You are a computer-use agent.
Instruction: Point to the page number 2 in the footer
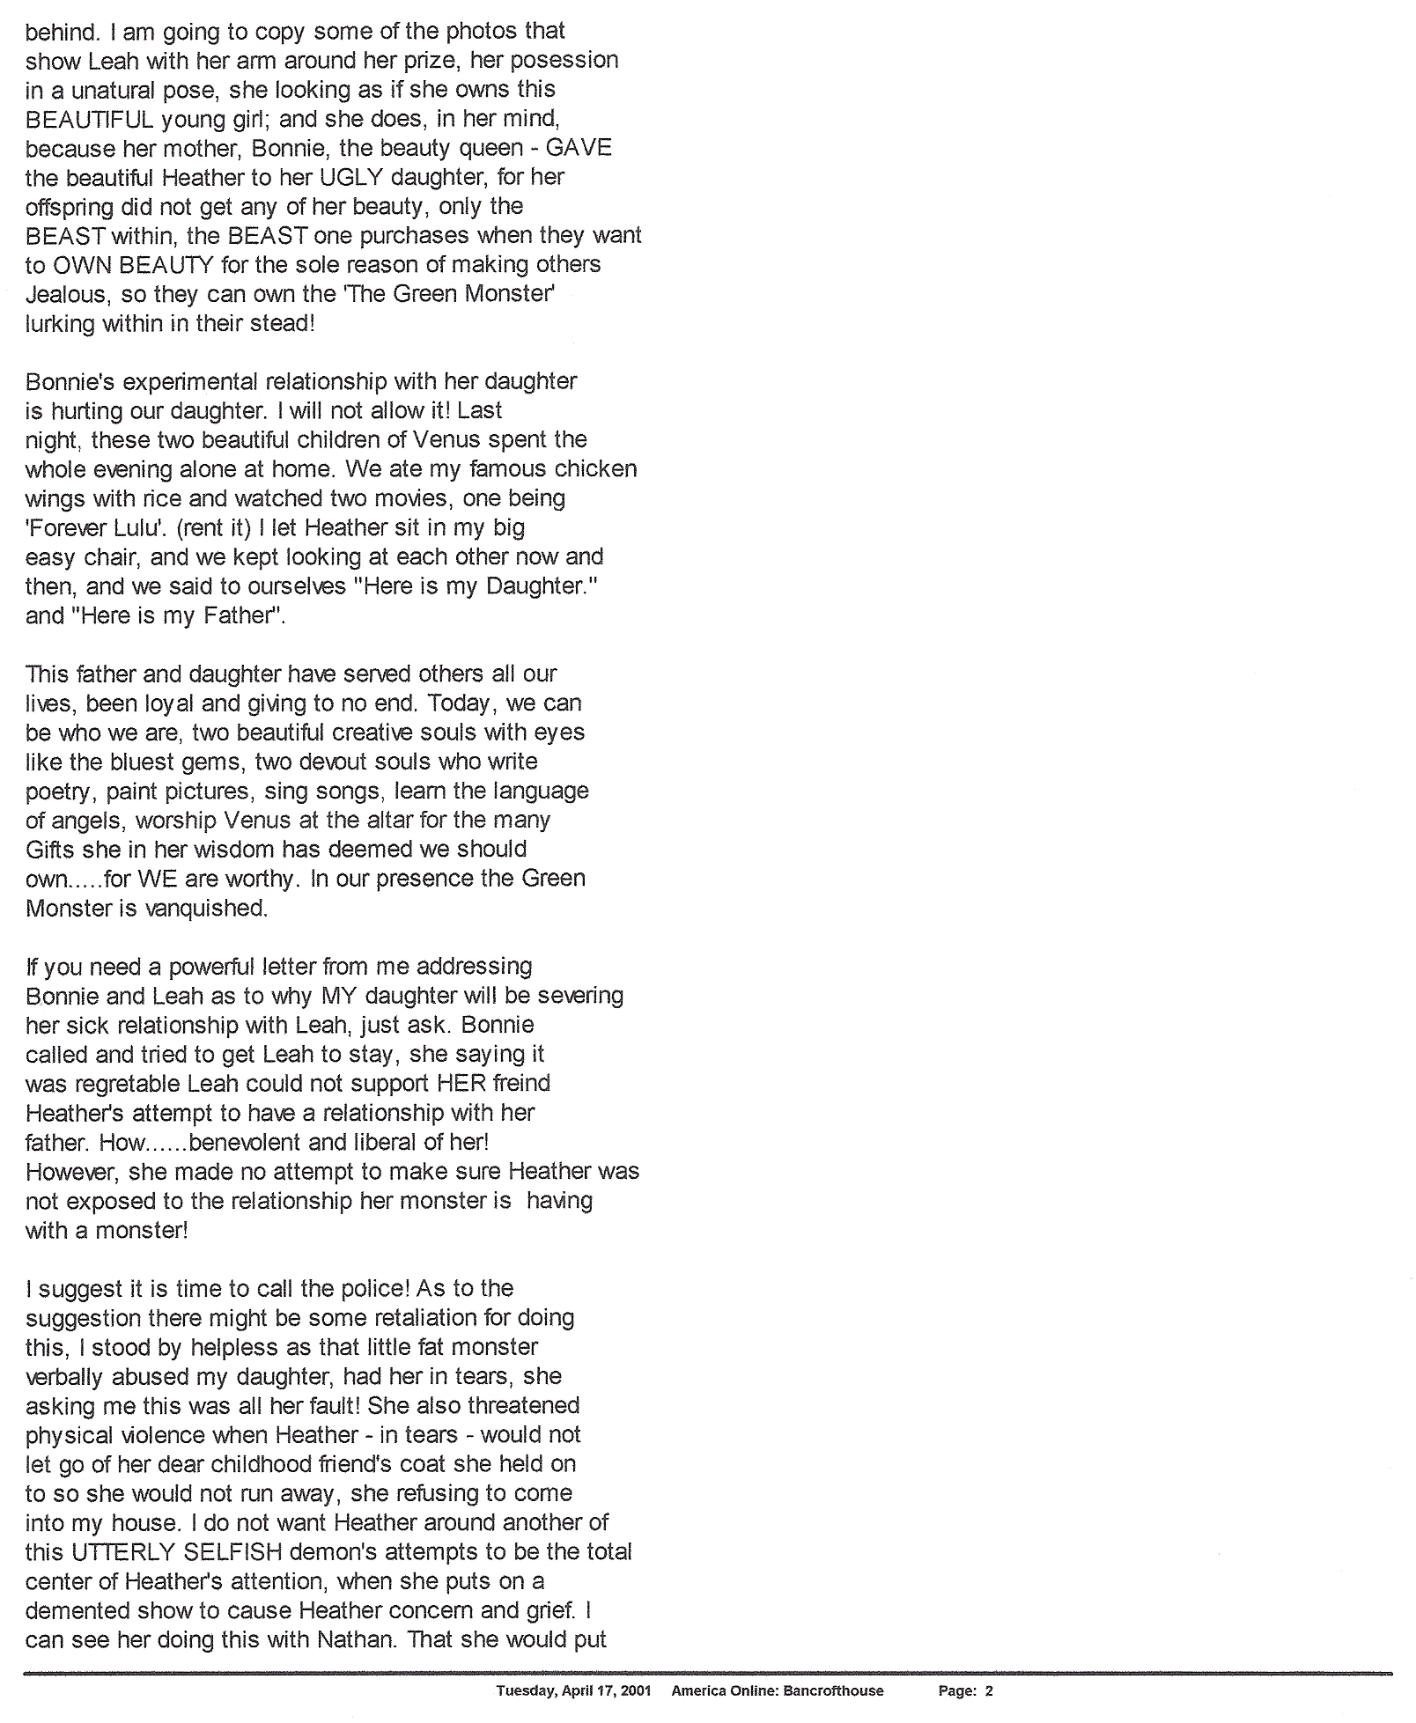coord(989,1690)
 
